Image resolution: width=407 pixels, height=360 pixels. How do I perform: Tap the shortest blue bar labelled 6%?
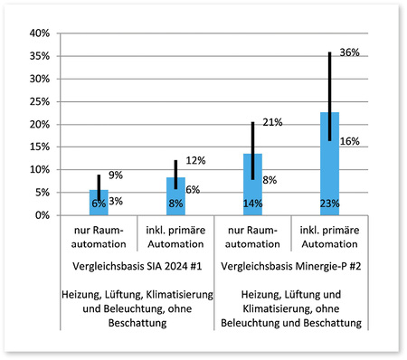(99, 203)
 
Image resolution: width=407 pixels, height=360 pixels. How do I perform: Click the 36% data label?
(350, 53)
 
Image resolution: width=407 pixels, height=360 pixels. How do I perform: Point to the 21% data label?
(273, 122)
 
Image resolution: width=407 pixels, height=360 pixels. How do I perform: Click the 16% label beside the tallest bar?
(350, 142)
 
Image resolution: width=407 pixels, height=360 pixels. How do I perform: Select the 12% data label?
(196, 160)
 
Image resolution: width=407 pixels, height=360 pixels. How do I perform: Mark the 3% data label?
(116, 202)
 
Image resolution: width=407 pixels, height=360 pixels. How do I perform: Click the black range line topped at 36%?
(329, 90)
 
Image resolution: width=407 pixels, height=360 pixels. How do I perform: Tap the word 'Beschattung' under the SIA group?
(137, 323)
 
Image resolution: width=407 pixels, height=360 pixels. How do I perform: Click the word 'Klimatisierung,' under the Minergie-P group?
(269, 308)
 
